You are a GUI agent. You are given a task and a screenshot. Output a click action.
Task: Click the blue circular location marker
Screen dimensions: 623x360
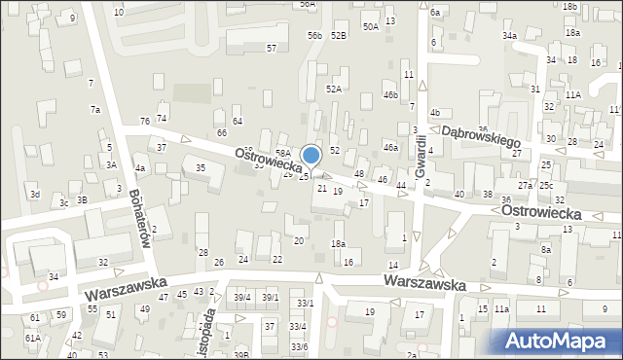pyautogui.click(x=311, y=155)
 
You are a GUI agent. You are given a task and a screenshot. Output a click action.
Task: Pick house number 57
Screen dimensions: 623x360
pyautogui.click(x=272, y=48)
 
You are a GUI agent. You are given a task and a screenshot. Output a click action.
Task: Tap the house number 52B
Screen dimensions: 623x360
pyautogui.click(x=338, y=35)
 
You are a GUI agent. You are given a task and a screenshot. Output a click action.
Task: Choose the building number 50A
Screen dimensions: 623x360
pyautogui.click(x=371, y=27)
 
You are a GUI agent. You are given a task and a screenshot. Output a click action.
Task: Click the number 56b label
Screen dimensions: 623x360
pyautogui.click(x=314, y=35)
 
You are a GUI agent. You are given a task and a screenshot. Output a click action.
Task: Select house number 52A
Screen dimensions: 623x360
pyautogui.click(x=334, y=89)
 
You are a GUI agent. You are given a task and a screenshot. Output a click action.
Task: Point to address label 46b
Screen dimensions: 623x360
pyautogui.click(x=390, y=95)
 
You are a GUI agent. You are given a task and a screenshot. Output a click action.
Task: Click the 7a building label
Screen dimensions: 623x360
pyautogui.click(x=95, y=110)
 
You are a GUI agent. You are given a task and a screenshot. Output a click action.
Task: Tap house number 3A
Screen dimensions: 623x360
pyautogui.click(x=111, y=165)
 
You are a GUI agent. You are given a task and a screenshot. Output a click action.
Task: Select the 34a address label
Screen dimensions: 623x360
pyautogui.click(x=509, y=35)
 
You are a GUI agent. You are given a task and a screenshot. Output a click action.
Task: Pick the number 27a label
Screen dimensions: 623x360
pyautogui.click(x=525, y=185)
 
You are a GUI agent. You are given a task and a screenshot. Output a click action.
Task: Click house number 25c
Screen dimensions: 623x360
pyautogui.click(x=546, y=185)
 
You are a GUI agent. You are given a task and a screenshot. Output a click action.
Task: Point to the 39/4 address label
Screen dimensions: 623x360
pyautogui.click(x=242, y=298)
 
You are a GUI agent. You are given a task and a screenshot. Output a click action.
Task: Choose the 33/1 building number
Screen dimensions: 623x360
pyautogui.click(x=306, y=303)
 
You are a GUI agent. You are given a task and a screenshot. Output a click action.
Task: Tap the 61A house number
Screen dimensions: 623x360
pyautogui.click(x=33, y=338)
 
